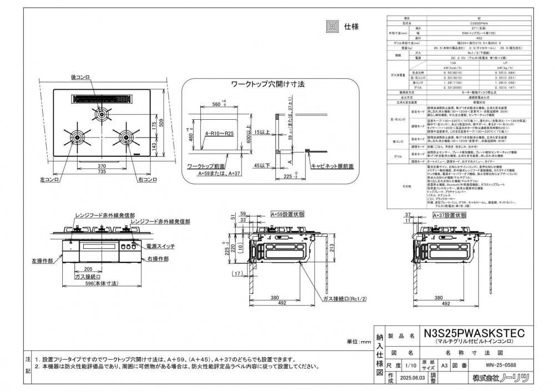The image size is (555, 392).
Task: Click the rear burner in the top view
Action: tap(102, 115)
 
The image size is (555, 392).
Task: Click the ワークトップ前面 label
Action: tap(206, 165)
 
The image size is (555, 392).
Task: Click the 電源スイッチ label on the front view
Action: tap(162, 245)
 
